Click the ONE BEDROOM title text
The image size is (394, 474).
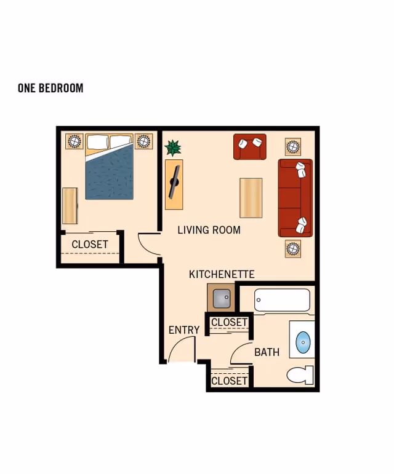pos(50,88)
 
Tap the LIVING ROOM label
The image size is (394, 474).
pos(209,230)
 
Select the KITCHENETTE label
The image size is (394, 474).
pos(222,274)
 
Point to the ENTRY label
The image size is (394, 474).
pos(184,330)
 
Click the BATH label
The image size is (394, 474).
pos(267,352)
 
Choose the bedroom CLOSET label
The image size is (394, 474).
pos(90,244)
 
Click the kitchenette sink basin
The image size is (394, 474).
pos(222,299)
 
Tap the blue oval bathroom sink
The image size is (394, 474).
pos(303,342)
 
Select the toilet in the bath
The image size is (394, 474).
pos(300,375)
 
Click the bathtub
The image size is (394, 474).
pos(282,300)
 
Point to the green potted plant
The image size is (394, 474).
pos(173,148)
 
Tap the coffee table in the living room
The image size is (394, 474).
pos(251,198)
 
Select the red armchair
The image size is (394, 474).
pos(250,147)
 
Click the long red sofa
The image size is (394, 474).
pos(295,198)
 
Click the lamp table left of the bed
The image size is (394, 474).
pos(74,141)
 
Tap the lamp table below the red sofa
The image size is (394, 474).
pos(293,249)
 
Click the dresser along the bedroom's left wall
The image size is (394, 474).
pos(70,206)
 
